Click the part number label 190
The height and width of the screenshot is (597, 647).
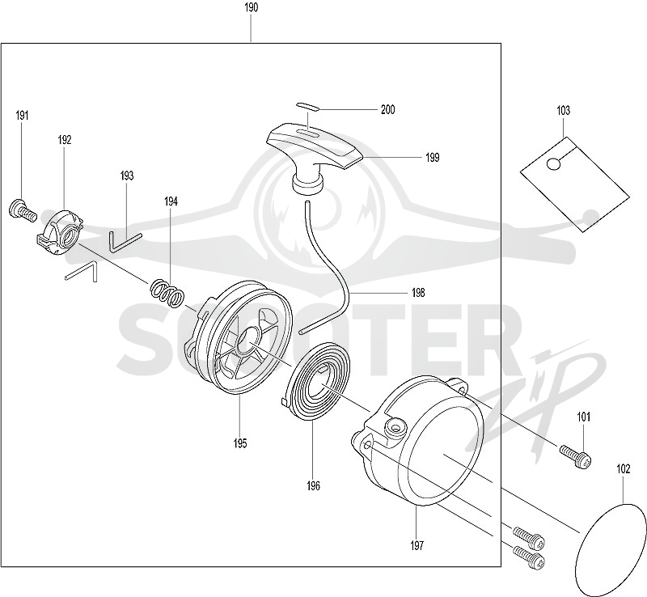click(252, 7)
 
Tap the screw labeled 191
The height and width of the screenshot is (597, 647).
click(23, 210)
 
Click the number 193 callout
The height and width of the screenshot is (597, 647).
click(127, 176)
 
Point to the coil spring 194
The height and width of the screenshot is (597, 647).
click(167, 293)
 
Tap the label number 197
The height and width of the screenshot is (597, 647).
click(417, 546)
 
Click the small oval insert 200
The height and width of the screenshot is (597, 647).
click(307, 107)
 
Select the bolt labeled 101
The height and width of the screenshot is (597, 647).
click(576, 456)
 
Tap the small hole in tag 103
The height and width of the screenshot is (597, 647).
click(553, 164)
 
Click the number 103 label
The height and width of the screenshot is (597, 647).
click(563, 110)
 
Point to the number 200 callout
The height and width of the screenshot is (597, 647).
click(387, 109)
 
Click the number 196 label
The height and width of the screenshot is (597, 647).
click(313, 486)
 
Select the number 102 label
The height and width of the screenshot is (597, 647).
click(623, 469)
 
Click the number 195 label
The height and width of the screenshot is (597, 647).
click(239, 443)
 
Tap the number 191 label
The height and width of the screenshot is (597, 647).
click(23, 115)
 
